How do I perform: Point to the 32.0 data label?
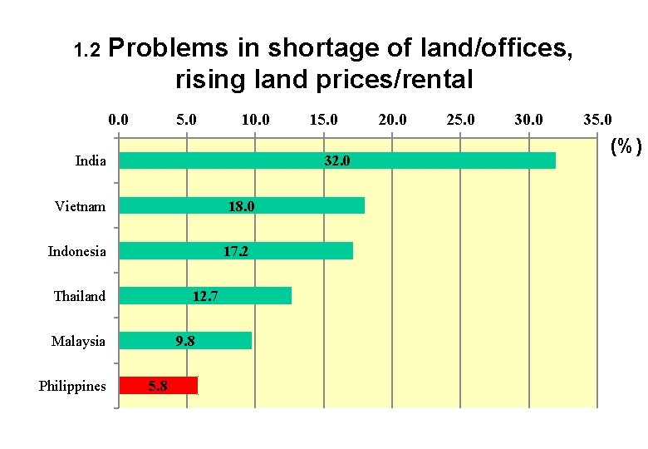[x=336, y=161]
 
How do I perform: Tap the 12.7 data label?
[x=205, y=296]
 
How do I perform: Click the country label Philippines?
[x=72, y=386]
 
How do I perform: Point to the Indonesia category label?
[x=76, y=251]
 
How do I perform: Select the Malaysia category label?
[x=78, y=341]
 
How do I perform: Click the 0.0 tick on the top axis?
[x=119, y=120]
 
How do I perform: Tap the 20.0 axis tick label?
[x=392, y=120]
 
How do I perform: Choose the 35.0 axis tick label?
[x=596, y=120]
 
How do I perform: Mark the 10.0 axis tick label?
[x=255, y=120]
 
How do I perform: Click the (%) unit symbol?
[x=626, y=147]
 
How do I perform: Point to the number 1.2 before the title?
[x=86, y=52]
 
